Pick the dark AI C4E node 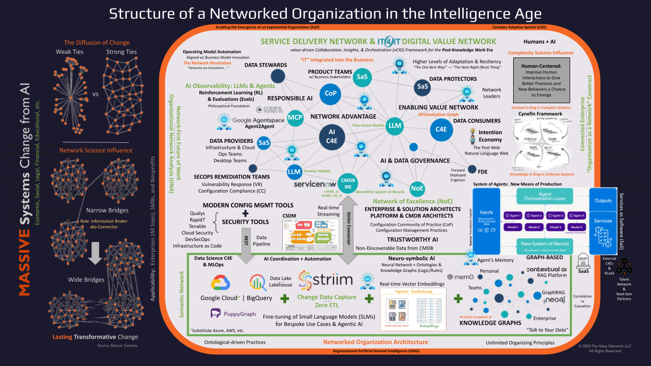(x=332, y=136)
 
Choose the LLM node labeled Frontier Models (x=294, y=172)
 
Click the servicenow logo (x=315, y=184)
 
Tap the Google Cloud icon (x=219, y=283)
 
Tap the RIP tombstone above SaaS (x=583, y=259)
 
